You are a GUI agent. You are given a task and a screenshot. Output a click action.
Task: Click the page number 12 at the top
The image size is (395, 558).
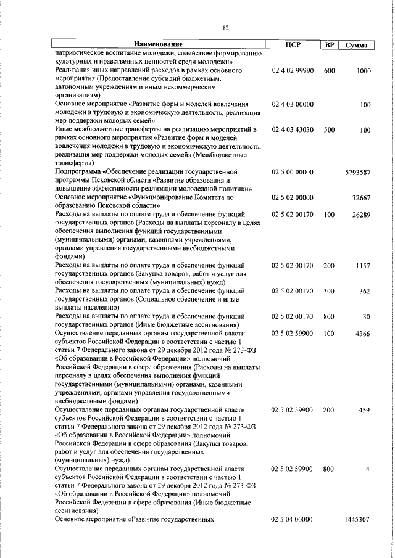(226, 28)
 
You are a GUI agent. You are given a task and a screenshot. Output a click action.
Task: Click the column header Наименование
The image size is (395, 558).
(159, 45)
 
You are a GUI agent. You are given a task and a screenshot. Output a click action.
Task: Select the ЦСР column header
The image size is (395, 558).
(293, 45)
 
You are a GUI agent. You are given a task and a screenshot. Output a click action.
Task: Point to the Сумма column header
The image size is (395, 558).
(357, 45)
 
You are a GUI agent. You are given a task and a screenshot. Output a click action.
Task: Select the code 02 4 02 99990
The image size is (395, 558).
(293, 71)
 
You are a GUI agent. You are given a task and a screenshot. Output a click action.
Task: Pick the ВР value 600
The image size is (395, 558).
(329, 71)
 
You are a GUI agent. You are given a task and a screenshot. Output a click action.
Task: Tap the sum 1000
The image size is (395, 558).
(363, 71)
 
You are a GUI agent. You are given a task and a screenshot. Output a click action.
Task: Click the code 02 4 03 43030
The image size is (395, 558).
(293, 130)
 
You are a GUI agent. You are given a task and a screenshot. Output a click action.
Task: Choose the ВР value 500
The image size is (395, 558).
(329, 130)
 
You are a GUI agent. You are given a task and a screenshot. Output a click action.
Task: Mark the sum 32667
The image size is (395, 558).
(360, 197)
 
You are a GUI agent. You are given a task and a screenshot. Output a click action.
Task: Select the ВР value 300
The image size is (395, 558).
(329, 290)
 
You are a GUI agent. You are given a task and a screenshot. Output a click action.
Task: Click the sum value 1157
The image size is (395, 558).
(362, 265)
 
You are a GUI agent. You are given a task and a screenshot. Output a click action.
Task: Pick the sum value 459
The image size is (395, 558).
(364, 409)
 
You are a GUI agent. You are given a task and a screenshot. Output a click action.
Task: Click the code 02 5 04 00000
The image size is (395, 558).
(293, 520)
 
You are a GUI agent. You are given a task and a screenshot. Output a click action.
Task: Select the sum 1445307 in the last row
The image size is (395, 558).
(357, 520)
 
